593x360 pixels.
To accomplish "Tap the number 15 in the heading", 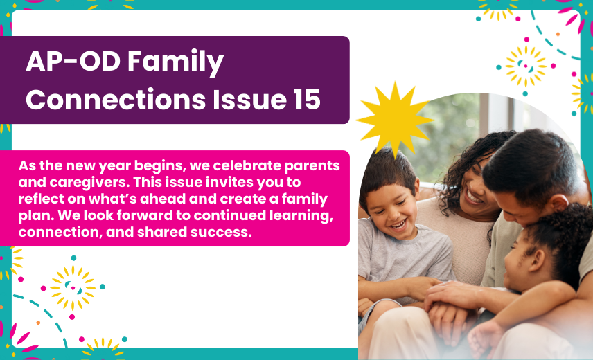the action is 306,100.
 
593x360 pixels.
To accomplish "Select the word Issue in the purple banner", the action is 249,100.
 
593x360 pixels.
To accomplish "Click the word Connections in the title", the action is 116,100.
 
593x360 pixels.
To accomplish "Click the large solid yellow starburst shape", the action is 395,120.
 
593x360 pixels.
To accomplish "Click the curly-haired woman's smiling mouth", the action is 473,197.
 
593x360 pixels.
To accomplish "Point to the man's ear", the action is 559,204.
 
